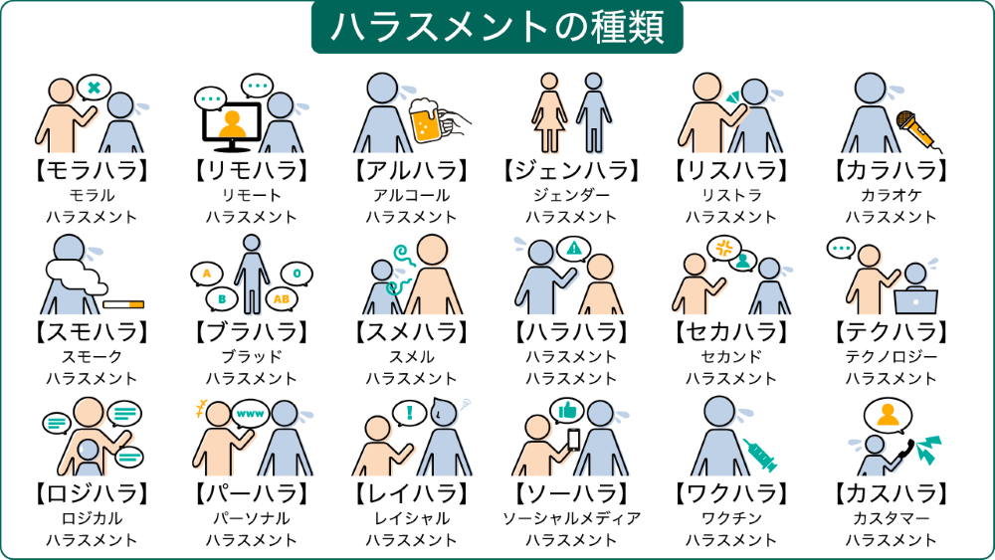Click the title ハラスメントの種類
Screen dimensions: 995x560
point(497,27)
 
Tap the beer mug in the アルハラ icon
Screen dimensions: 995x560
point(427,120)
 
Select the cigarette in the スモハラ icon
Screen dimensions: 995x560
point(123,304)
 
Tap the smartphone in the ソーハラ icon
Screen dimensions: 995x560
point(574,440)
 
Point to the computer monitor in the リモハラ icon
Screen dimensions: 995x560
point(232,126)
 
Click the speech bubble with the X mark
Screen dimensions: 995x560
point(94,88)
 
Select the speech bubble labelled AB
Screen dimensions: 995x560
point(282,298)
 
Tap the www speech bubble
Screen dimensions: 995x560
point(250,414)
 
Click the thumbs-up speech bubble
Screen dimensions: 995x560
point(567,412)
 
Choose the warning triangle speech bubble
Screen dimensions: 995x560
point(574,249)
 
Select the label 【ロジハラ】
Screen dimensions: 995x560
point(92,493)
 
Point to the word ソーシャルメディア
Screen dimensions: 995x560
point(571,519)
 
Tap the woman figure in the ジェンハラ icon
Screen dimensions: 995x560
point(549,112)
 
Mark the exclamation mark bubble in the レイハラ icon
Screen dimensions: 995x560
point(409,414)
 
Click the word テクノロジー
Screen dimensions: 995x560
point(891,357)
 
